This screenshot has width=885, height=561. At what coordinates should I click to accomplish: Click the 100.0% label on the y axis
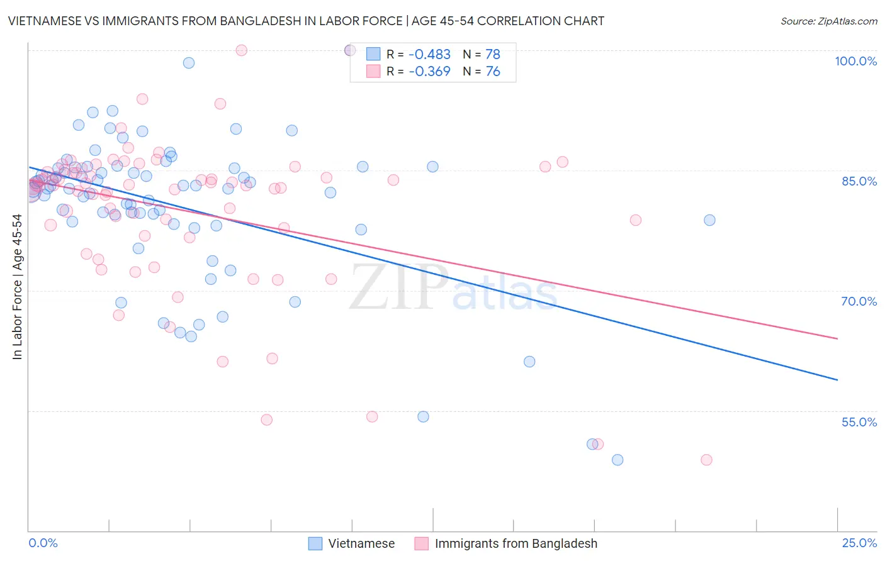pyautogui.click(x=855, y=61)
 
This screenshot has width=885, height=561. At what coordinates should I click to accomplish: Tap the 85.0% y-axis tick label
pyautogui.click(x=859, y=181)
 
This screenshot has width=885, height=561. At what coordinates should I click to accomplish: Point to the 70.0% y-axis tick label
pyautogui.click(x=859, y=301)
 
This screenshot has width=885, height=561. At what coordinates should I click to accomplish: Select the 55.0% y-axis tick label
pyautogui.click(x=859, y=422)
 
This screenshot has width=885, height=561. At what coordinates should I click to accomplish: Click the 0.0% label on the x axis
pyautogui.click(x=43, y=543)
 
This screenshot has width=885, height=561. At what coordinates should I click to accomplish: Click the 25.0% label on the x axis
pyautogui.click(x=859, y=543)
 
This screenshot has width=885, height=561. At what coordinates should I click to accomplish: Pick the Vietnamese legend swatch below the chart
pyautogui.click(x=315, y=543)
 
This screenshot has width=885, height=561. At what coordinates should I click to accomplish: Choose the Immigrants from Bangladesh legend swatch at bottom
pyautogui.click(x=422, y=543)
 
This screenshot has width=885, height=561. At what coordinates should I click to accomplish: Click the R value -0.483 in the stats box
pyautogui.click(x=429, y=55)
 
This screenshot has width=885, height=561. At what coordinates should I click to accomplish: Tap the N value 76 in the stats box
pyautogui.click(x=493, y=72)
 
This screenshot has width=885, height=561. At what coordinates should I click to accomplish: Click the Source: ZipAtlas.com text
pyautogui.click(x=828, y=21)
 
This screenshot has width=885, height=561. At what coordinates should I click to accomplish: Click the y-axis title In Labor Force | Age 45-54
pyautogui.click(x=17, y=287)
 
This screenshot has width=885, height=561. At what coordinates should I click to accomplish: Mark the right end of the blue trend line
pyautogui.click(x=837, y=380)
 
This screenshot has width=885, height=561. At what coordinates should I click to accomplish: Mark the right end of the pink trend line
pyautogui.click(x=837, y=338)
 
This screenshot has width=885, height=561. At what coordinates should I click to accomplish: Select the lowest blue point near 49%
pyautogui.click(x=617, y=460)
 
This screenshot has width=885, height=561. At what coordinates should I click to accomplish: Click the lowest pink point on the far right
pyautogui.click(x=706, y=460)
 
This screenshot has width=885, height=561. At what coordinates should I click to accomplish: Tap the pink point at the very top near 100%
pyautogui.click(x=241, y=50)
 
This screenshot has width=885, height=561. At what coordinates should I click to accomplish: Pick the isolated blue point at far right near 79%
pyautogui.click(x=709, y=220)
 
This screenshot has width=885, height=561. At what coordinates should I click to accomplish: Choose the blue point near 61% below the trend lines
pyautogui.click(x=529, y=362)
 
